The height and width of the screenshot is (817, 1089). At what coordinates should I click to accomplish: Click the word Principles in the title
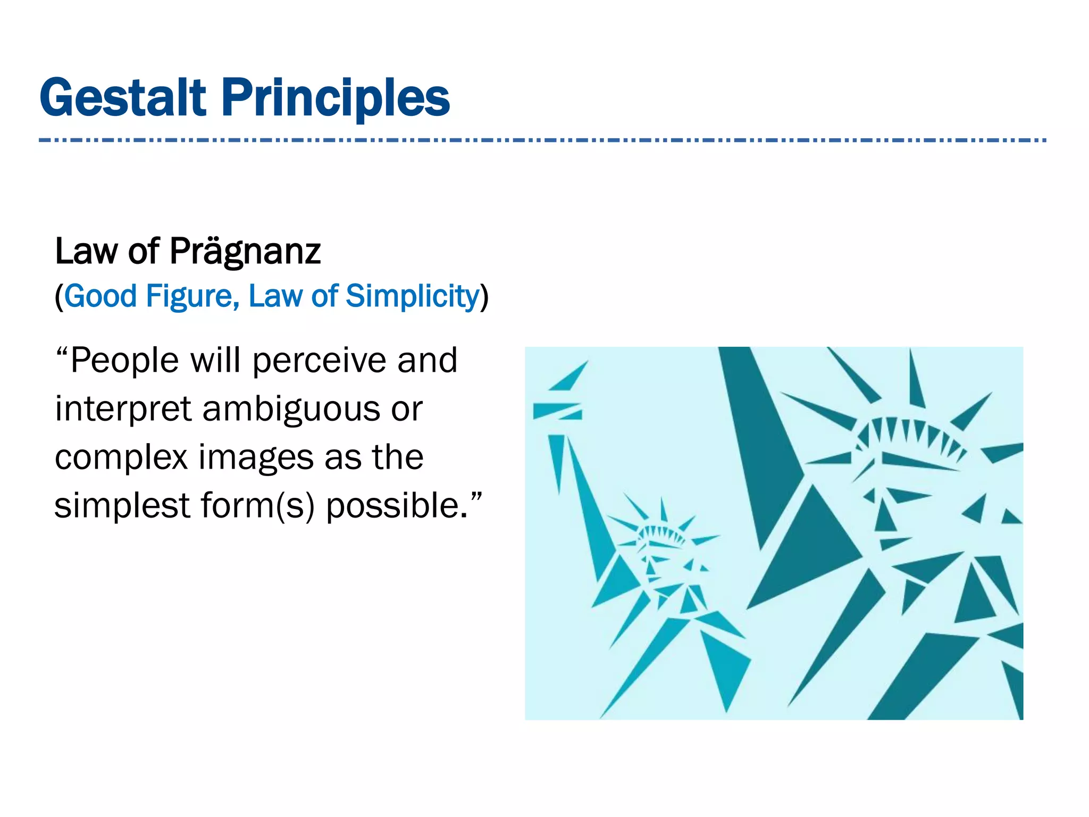tap(336, 98)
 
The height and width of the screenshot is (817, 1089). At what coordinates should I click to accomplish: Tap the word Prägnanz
tap(245, 251)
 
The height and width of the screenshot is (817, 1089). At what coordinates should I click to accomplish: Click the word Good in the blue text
tap(100, 296)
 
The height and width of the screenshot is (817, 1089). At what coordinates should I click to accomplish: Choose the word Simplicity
tap(413, 297)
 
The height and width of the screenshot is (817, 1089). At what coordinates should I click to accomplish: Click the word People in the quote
tap(124, 361)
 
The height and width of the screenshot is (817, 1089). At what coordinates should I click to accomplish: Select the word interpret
tap(123, 410)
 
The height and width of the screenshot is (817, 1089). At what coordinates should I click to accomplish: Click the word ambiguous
tap(291, 410)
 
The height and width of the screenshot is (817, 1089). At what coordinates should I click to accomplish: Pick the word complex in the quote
tap(121, 458)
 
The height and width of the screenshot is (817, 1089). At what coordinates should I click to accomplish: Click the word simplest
tap(122, 506)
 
